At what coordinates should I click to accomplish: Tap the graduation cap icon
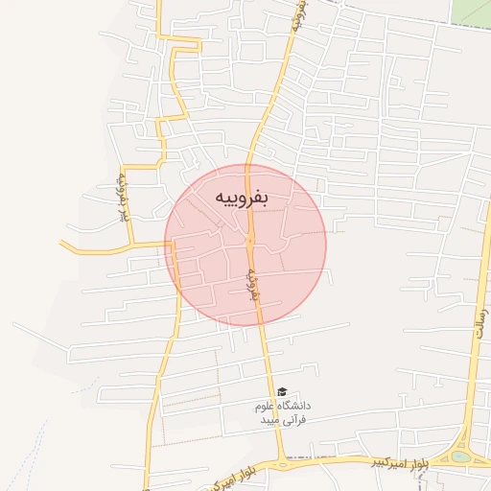click(x=282, y=392)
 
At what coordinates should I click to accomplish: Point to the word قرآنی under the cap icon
click(x=290, y=420)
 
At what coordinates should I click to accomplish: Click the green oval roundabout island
click(x=462, y=457)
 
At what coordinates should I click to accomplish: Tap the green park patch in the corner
click(x=473, y=12)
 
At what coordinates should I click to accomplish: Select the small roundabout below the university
click(x=283, y=464)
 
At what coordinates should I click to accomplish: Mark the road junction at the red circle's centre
click(x=248, y=244)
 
